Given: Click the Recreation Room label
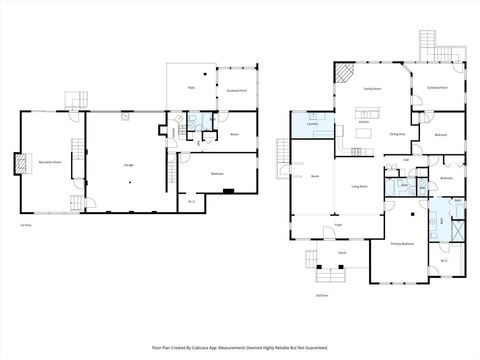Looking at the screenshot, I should tap(52, 160).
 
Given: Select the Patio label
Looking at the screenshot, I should tap(190, 89).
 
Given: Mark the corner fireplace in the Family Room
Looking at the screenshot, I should tap(343, 74).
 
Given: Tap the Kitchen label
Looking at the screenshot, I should tap(364, 121).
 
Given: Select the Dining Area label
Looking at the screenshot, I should tap(396, 132).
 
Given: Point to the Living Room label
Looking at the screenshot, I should tap(358, 187).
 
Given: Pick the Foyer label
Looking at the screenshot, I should tap(339, 225).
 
